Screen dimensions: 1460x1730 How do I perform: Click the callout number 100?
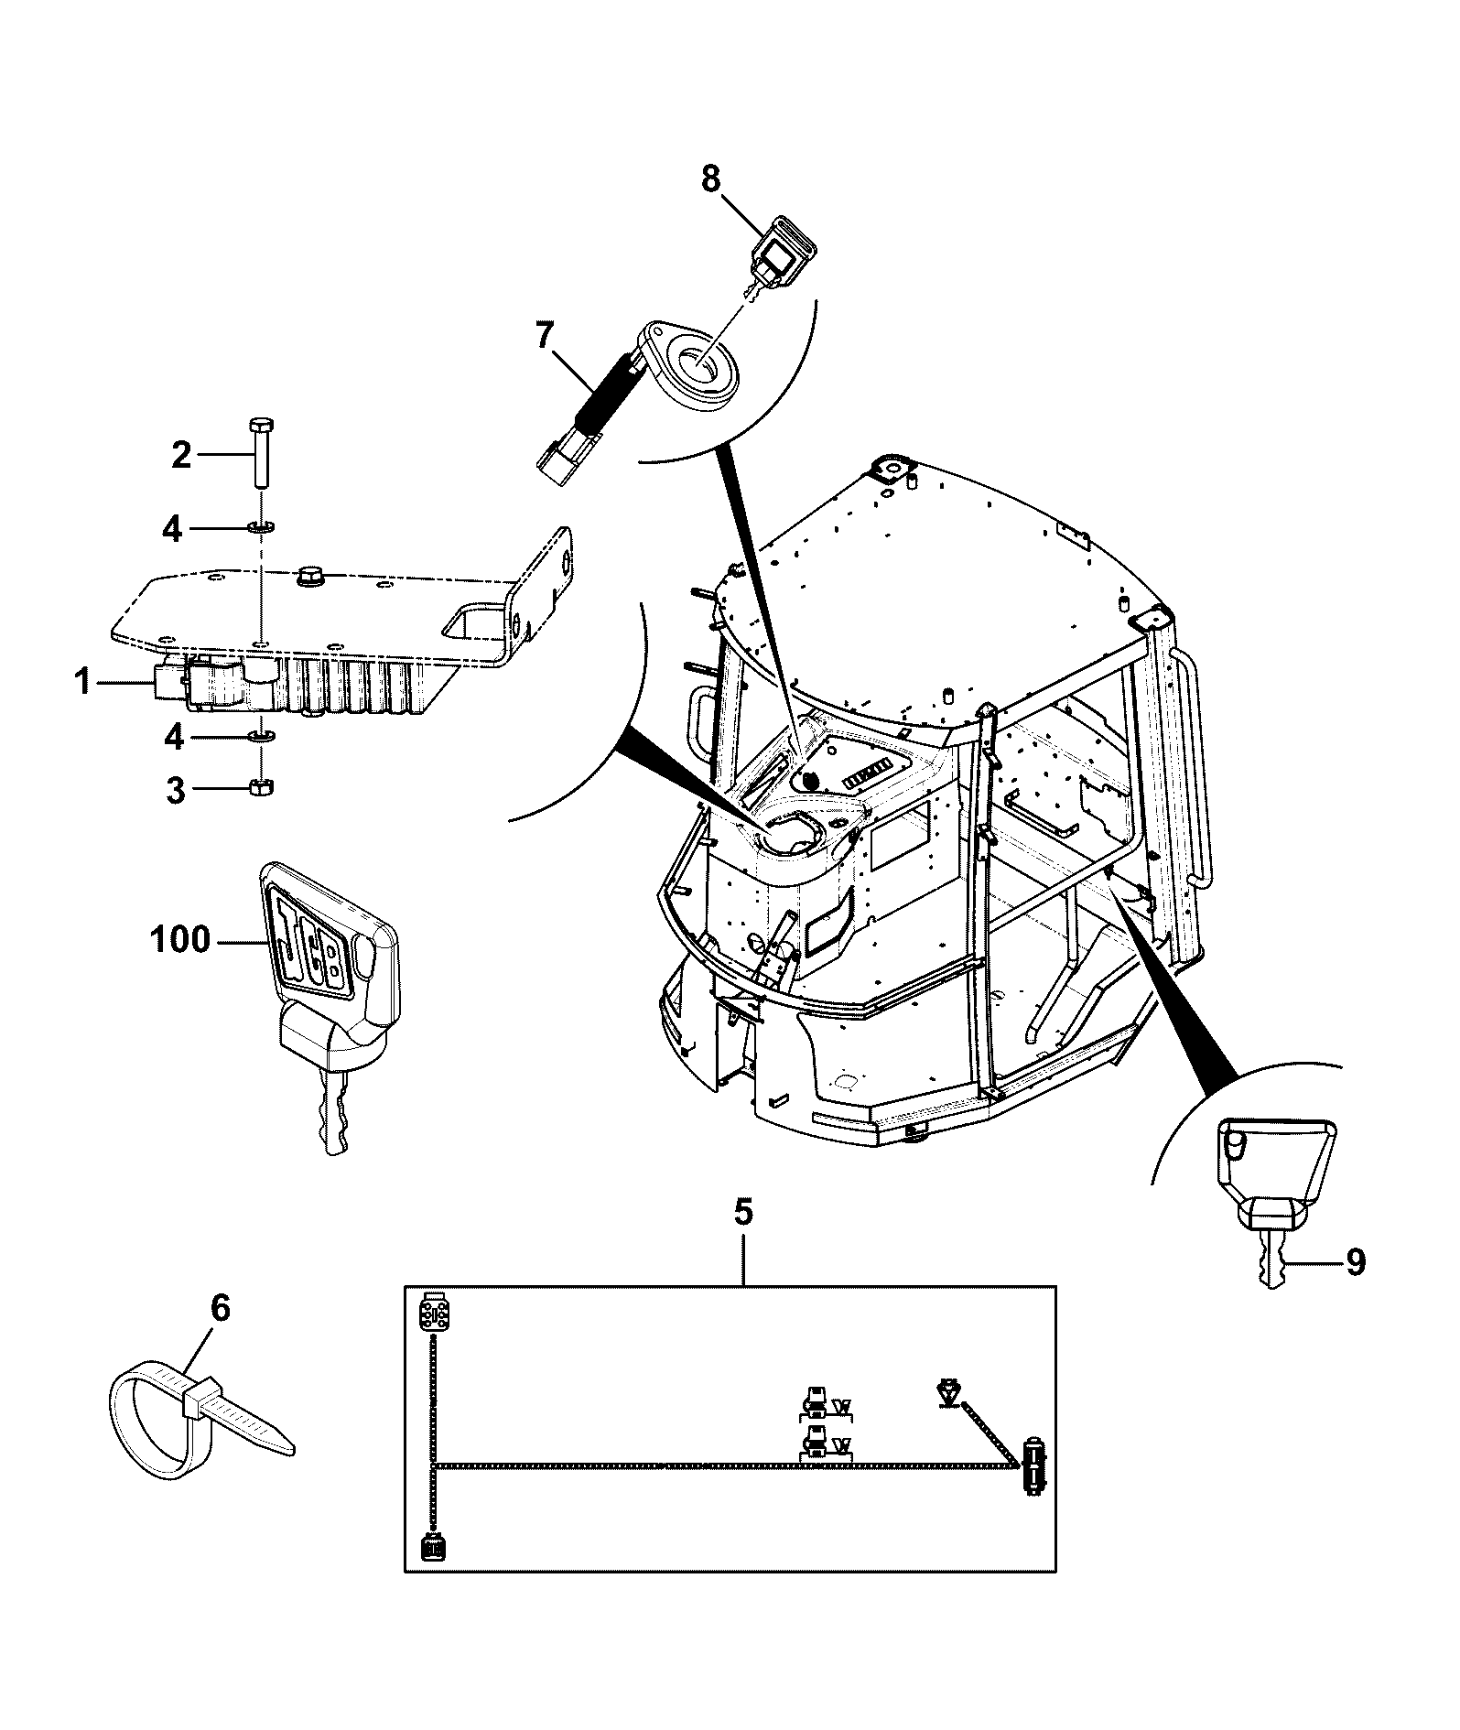click(x=179, y=940)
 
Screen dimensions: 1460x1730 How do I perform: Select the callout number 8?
click(x=711, y=178)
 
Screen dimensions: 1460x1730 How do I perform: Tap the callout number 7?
click(x=545, y=337)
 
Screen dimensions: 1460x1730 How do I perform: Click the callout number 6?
click(x=220, y=1310)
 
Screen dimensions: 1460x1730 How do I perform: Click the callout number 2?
click(x=182, y=454)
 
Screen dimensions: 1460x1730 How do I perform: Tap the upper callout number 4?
click(x=172, y=529)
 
